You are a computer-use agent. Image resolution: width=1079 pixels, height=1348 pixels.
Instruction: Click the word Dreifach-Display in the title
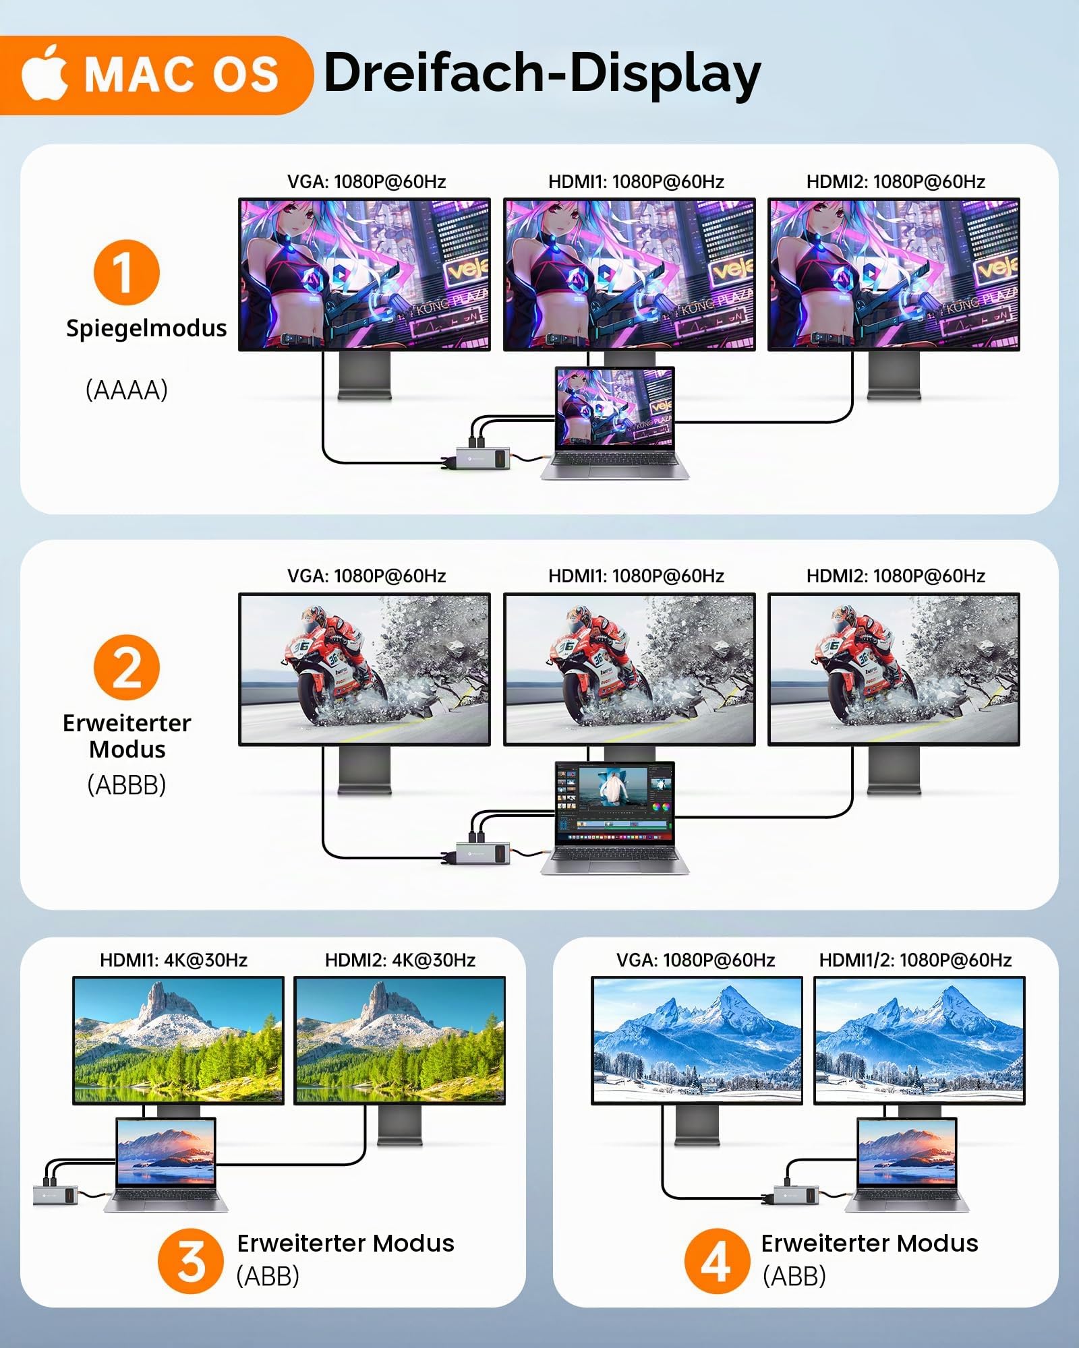[543, 73]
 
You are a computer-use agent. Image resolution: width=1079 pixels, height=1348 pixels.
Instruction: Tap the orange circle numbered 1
[126, 272]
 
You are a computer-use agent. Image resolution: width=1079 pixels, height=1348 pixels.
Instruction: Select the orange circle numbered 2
[126, 667]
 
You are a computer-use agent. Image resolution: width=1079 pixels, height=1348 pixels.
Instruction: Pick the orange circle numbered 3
[191, 1260]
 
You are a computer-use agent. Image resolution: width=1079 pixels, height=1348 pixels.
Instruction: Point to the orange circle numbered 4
[717, 1260]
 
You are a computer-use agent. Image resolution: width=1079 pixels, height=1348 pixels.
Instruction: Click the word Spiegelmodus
[146, 328]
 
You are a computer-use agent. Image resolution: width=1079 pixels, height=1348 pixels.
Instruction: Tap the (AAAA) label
[127, 390]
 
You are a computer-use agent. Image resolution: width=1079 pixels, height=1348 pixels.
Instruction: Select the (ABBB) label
[127, 785]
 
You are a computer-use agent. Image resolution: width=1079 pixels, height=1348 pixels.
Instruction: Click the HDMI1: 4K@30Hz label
[173, 960]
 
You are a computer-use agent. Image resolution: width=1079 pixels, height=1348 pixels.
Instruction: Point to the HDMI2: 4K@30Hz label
[400, 960]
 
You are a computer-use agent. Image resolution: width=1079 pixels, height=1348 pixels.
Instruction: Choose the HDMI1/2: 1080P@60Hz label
[915, 960]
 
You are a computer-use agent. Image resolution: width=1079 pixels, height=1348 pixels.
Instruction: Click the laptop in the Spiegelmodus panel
[614, 423]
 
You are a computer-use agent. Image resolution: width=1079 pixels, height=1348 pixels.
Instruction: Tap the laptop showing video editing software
[614, 818]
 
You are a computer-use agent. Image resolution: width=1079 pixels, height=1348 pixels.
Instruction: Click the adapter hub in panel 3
[55, 1196]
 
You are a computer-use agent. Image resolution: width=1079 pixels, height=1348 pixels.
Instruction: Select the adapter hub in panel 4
[795, 1196]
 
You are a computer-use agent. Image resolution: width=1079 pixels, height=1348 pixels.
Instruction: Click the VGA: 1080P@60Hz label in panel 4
[695, 960]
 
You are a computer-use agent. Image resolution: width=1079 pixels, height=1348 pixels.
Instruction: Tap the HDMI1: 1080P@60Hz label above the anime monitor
[636, 181]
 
